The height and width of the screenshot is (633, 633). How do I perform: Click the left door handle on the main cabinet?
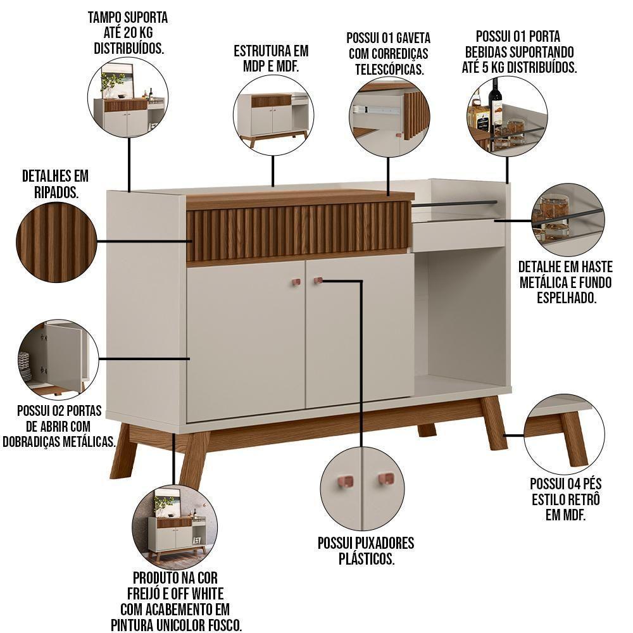point(296,282)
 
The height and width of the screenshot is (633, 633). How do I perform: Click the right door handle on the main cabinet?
point(318,280)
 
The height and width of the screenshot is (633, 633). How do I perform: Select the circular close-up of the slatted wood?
point(56,242)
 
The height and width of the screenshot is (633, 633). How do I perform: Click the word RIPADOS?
point(56,192)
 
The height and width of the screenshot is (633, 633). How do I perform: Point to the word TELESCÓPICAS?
point(389,70)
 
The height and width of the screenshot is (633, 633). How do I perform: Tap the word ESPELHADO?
point(567,298)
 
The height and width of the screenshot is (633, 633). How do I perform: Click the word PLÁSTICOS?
point(366,559)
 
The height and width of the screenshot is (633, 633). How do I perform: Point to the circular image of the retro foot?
point(564,434)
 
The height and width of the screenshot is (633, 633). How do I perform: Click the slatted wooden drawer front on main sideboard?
point(298,230)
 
